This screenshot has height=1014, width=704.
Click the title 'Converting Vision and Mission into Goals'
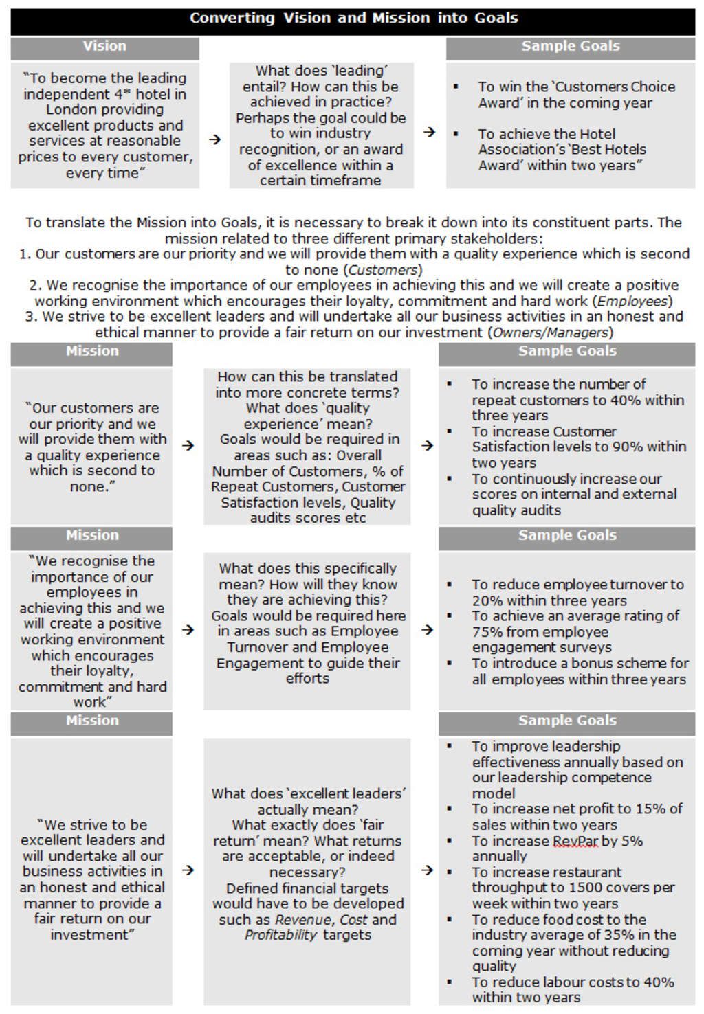click(x=353, y=19)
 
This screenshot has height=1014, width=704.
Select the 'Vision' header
click(x=104, y=47)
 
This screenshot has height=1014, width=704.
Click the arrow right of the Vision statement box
click(x=215, y=139)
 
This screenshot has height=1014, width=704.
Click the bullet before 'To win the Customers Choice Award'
click(x=456, y=87)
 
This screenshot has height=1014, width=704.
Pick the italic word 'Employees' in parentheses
click(x=632, y=302)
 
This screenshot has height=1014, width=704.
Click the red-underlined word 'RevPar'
click(x=575, y=842)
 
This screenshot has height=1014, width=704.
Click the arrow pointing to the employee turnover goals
click(x=427, y=630)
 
